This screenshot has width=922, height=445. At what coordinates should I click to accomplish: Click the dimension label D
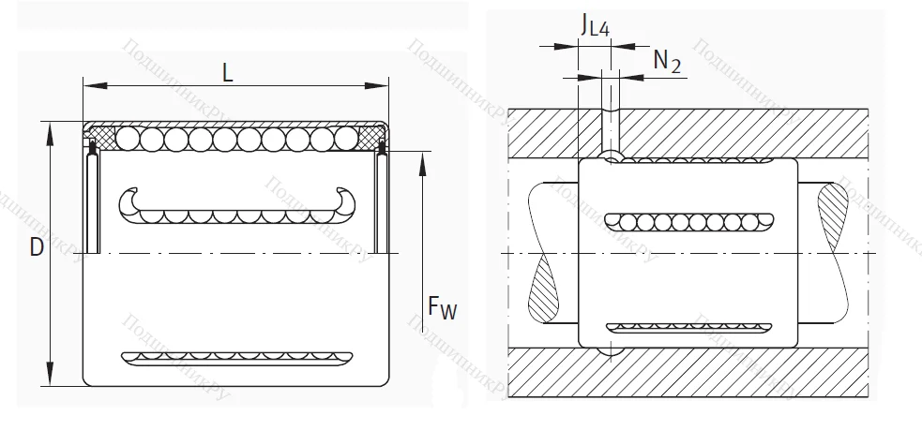point(35,247)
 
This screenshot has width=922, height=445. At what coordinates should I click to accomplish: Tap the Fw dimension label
point(441,306)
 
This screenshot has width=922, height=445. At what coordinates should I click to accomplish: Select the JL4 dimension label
point(595,25)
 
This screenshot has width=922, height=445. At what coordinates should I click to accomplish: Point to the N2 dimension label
point(666,61)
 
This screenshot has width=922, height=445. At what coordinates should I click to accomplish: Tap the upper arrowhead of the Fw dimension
point(424,164)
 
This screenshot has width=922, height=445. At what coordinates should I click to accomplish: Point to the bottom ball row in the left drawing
point(234,357)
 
